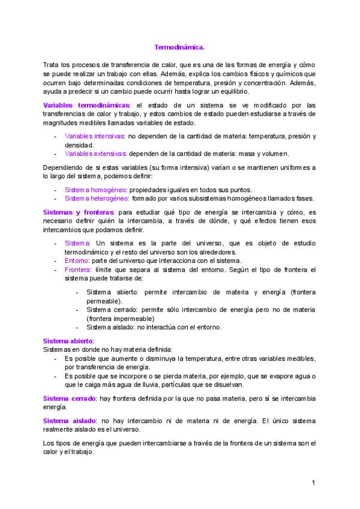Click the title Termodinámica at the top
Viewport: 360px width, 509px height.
179,47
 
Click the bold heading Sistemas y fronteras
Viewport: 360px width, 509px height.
79,212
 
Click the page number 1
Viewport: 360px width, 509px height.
313,483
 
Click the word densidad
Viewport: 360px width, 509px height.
79,145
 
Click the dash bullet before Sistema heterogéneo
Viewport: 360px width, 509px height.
56,199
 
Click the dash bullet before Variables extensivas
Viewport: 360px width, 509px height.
56,154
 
